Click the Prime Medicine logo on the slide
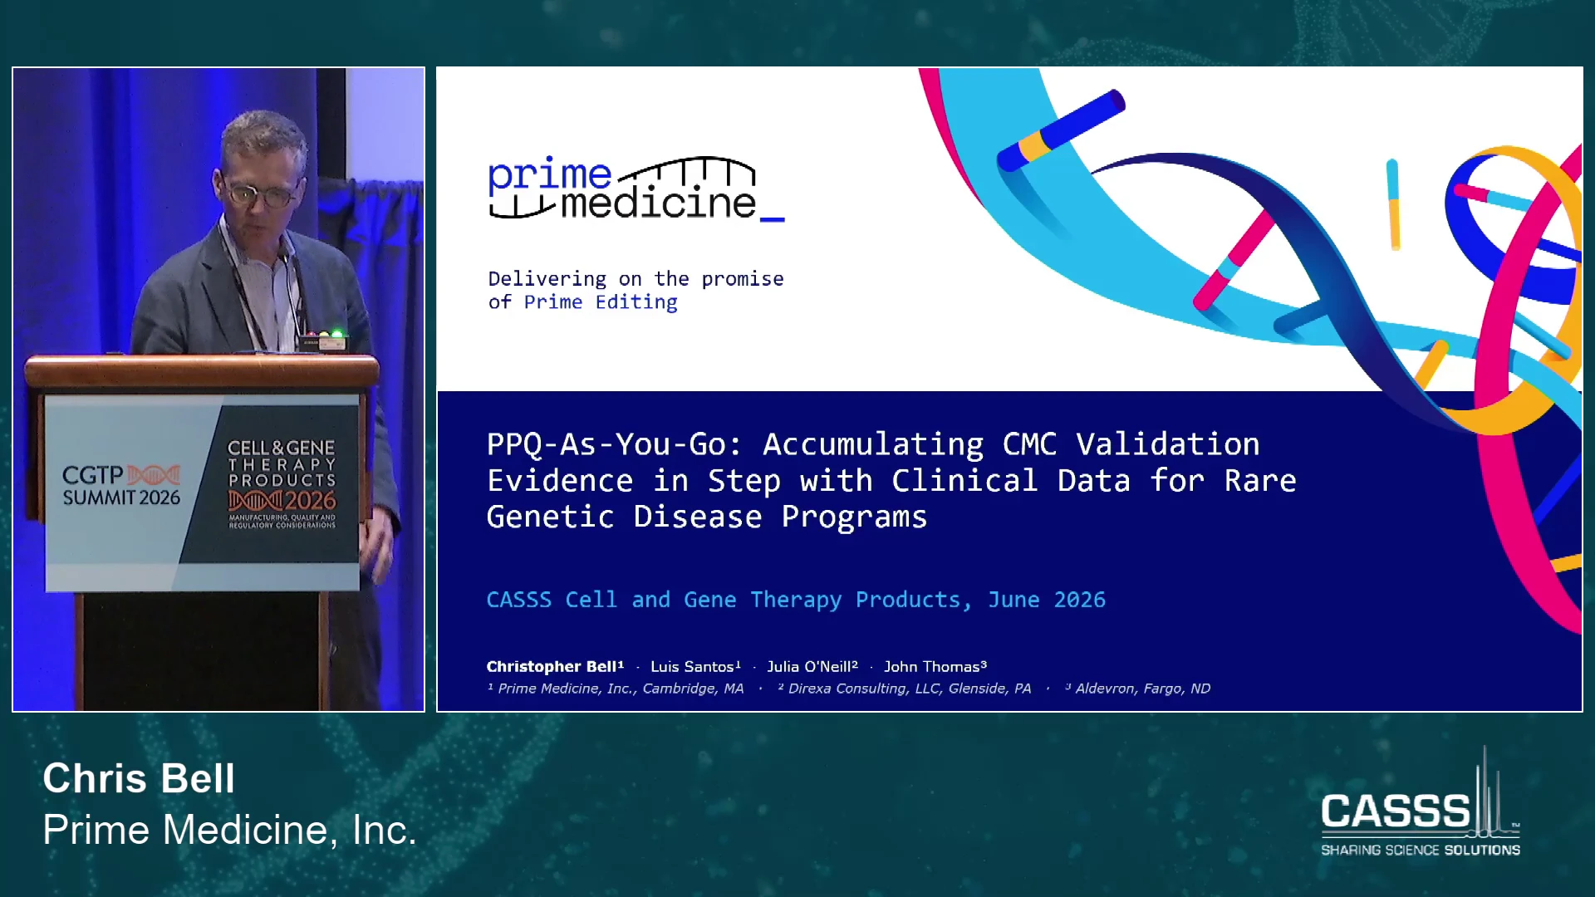[x=636, y=188]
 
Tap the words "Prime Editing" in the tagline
[x=601, y=302]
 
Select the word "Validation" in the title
[x=1168, y=444]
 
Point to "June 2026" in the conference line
[x=1047, y=600]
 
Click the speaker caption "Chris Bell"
[x=139, y=778]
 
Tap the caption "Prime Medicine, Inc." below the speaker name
[x=229, y=830]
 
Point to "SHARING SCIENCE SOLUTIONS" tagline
[x=1421, y=850]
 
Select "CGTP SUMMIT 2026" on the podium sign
[x=121, y=486]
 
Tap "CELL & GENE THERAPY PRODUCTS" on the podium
[x=282, y=463]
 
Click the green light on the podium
[x=336, y=334]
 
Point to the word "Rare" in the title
[x=1260, y=481]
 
